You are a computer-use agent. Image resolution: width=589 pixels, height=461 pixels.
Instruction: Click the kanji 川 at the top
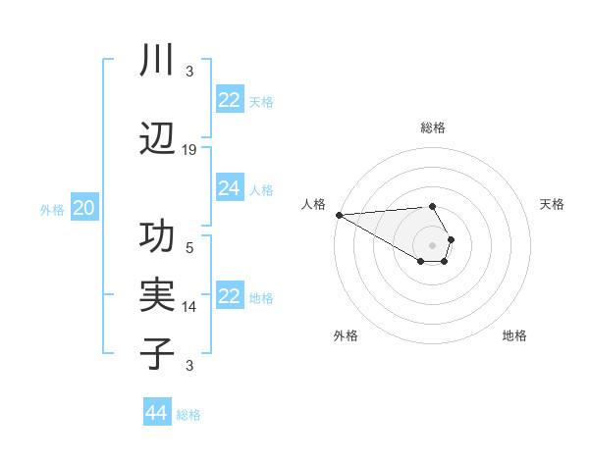[x=157, y=61]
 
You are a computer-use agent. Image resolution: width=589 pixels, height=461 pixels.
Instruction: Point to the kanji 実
[x=157, y=295]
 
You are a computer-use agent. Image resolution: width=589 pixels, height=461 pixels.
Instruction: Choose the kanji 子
[x=157, y=352]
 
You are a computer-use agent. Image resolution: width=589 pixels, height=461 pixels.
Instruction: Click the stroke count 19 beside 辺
[x=189, y=149]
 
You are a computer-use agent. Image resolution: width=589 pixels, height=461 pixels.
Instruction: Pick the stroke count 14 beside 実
[x=189, y=307]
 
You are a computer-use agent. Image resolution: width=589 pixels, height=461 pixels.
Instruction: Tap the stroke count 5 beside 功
[x=189, y=248]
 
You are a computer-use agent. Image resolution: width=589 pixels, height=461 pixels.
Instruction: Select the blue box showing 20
[x=84, y=208]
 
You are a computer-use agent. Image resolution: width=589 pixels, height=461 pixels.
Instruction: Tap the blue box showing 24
[x=229, y=188]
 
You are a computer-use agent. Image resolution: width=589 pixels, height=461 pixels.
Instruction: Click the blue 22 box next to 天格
[x=229, y=100]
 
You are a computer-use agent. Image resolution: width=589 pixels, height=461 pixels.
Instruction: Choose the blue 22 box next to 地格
[x=229, y=296]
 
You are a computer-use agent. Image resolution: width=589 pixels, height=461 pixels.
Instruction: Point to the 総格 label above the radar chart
[x=433, y=128]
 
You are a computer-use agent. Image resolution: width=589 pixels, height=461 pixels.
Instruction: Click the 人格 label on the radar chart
[x=313, y=204]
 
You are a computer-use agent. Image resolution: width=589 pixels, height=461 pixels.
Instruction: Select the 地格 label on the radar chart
[x=514, y=335]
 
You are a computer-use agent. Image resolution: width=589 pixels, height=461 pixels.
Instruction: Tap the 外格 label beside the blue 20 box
[x=52, y=209]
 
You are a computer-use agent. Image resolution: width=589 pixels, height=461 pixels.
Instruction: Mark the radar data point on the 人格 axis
[x=339, y=215]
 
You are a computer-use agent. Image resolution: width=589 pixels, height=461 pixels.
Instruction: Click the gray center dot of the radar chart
[x=433, y=244]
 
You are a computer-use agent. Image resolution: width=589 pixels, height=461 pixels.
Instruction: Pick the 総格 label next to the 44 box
[x=188, y=415]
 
